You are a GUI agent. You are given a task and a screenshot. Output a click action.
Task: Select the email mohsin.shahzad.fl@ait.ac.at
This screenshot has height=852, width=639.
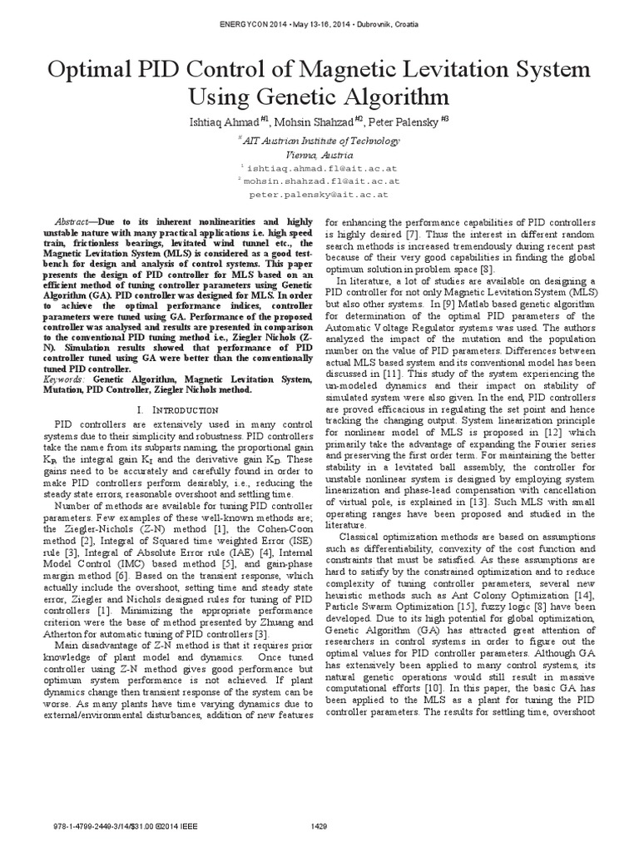click(x=321, y=180)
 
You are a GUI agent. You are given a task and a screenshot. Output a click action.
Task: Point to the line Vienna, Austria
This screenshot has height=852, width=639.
click(x=319, y=156)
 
